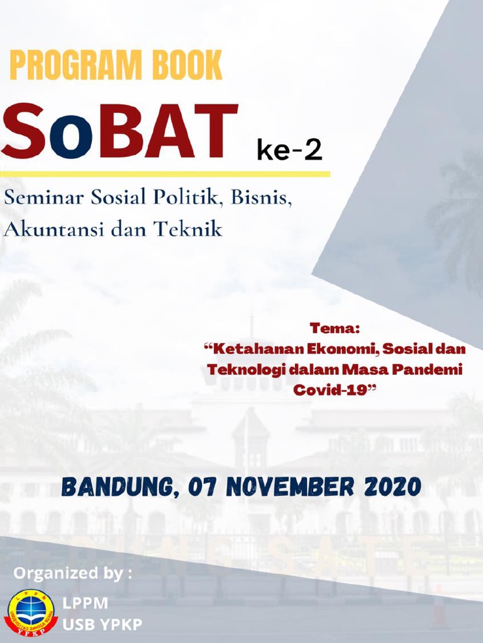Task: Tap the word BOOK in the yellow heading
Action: (x=187, y=65)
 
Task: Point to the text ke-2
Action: (x=289, y=151)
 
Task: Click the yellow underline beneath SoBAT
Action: (x=165, y=173)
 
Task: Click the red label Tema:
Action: (x=334, y=327)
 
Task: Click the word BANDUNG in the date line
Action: (x=113, y=487)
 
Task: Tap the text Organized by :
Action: (x=73, y=573)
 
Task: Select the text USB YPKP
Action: (x=102, y=624)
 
